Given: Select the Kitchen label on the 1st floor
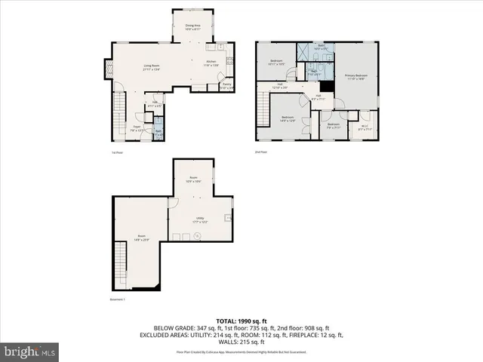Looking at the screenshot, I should pos(211,63).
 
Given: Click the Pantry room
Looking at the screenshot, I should pos(226,87).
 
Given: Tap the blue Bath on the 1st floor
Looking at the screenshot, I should pos(158,130).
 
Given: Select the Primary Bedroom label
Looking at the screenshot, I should pos(356,77).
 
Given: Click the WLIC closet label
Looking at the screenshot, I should pos(365,127).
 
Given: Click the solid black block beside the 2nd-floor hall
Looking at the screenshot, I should pos(325,85).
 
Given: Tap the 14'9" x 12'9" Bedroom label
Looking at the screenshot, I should pos(288,118).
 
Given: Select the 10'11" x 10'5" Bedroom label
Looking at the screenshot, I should pos(277,63).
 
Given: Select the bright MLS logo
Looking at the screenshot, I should pos(30,351).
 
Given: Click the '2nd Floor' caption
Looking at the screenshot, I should pos(261,152).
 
